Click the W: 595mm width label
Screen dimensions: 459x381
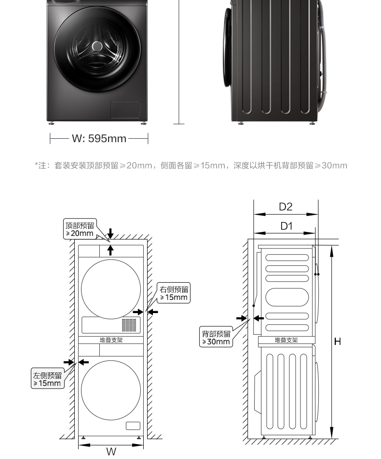coord(99,139)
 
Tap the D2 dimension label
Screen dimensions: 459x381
coord(286,207)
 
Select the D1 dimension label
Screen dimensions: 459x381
coord(286,226)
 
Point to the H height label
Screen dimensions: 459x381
coord(338,342)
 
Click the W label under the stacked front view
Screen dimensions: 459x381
coord(111,452)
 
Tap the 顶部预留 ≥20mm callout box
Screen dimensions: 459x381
coord(80,229)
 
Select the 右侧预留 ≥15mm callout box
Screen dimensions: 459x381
coord(174,293)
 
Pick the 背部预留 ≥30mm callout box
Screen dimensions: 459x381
coord(216,338)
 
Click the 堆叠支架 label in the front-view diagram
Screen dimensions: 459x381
coord(111,340)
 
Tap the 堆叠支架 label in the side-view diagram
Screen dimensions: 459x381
coord(286,340)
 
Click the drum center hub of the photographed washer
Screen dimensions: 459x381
coord(97,46)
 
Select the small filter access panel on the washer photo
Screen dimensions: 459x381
coord(125,110)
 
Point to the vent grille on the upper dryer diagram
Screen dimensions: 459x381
coord(129,324)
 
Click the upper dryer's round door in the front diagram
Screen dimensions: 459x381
coord(111,289)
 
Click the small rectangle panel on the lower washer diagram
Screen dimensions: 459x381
coord(133,426)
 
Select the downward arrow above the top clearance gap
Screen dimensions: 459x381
coord(110,234)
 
